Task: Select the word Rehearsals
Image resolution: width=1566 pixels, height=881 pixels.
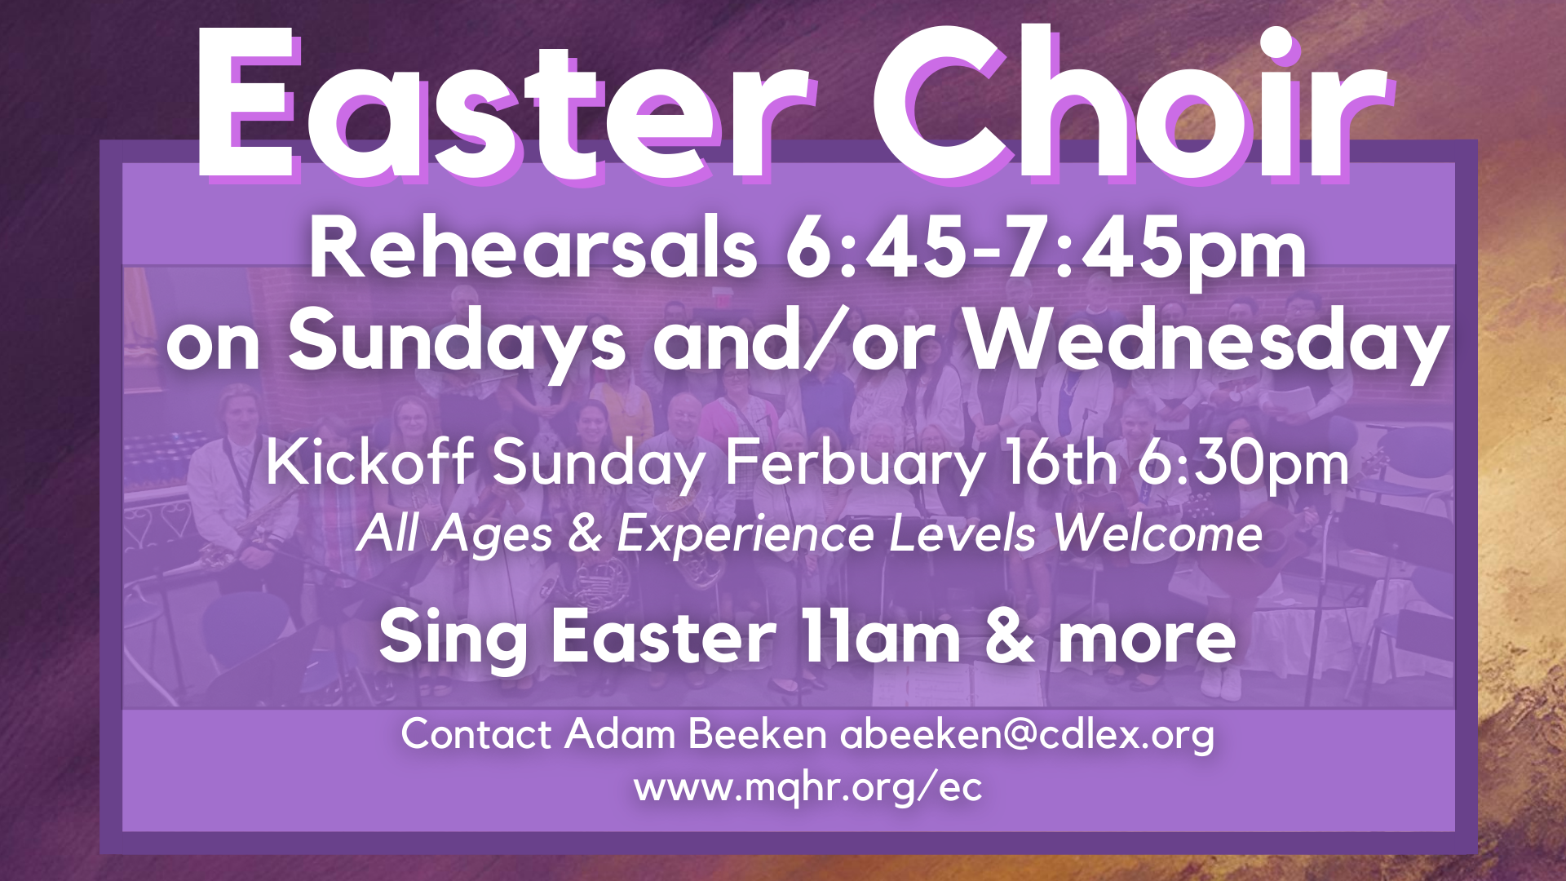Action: pos(533,248)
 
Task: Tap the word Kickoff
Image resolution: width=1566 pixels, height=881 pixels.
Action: pos(369,463)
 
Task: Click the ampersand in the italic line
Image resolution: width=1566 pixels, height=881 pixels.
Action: pos(585,534)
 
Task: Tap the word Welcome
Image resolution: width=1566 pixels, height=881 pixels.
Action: pos(1158,533)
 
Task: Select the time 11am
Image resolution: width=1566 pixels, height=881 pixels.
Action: pos(880,637)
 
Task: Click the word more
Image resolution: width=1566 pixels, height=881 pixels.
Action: pos(1147,640)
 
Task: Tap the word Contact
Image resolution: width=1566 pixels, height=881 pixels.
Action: pos(477,734)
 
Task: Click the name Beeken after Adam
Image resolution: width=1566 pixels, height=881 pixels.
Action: pos(758,733)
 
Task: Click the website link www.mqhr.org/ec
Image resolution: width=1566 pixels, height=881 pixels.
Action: pos(808,788)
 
